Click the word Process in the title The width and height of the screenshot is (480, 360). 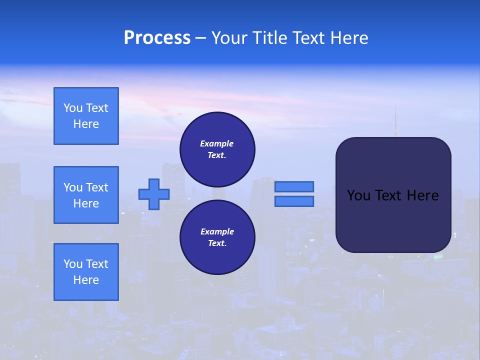(157, 38)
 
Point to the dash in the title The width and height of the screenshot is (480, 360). (200, 38)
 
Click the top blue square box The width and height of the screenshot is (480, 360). (86, 116)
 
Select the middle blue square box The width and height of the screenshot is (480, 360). (86, 195)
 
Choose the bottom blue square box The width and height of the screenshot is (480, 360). (86, 272)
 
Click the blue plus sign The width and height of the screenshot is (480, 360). (154, 194)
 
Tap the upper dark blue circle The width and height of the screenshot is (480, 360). (217, 149)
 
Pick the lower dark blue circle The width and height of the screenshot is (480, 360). (217, 237)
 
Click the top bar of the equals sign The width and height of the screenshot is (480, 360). (294, 186)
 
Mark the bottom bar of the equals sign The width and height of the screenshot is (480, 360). (294, 201)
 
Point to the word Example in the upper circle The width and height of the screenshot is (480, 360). (217, 143)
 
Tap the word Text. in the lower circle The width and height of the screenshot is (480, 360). (217, 243)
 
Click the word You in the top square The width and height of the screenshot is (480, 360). (72, 108)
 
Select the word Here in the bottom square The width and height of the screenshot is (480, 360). (86, 280)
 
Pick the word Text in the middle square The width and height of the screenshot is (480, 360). (97, 187)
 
